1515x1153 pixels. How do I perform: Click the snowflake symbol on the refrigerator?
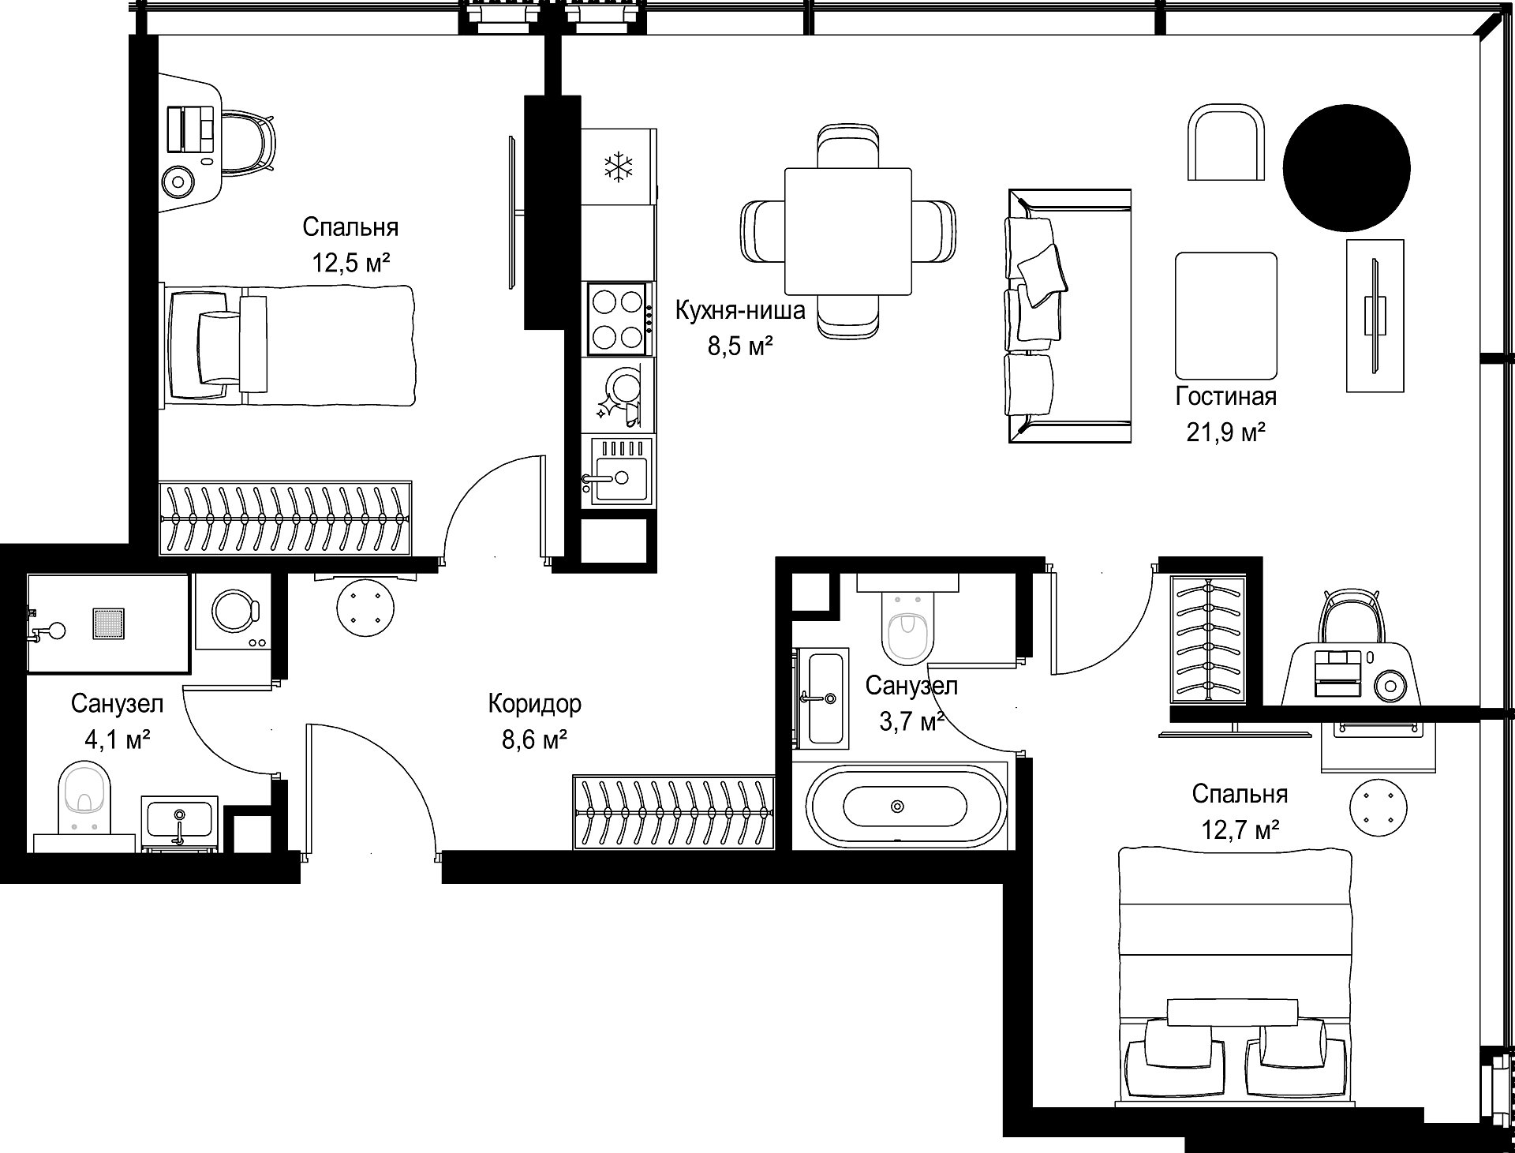pos(619,167)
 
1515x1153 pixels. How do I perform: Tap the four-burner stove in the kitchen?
pos(619,320)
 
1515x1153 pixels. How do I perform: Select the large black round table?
pos(1346,167)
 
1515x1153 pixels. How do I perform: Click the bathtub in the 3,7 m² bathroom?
pos(904,807)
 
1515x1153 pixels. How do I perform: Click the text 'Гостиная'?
pos(1226,395)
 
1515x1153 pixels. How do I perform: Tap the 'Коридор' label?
pos(534,703)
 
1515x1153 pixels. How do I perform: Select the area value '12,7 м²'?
pos(1240,830)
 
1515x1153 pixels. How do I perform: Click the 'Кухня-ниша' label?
pos(740,310)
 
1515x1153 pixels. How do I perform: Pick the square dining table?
pos(848,231)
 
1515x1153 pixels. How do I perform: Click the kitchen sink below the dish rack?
pos(618,470)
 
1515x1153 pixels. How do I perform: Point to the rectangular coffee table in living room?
pos(1226,316)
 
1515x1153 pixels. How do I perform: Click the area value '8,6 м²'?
pos(534,739)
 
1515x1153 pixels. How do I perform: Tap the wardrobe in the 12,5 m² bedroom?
pos(286,518)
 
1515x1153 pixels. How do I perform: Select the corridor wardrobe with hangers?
pos(674,812)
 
